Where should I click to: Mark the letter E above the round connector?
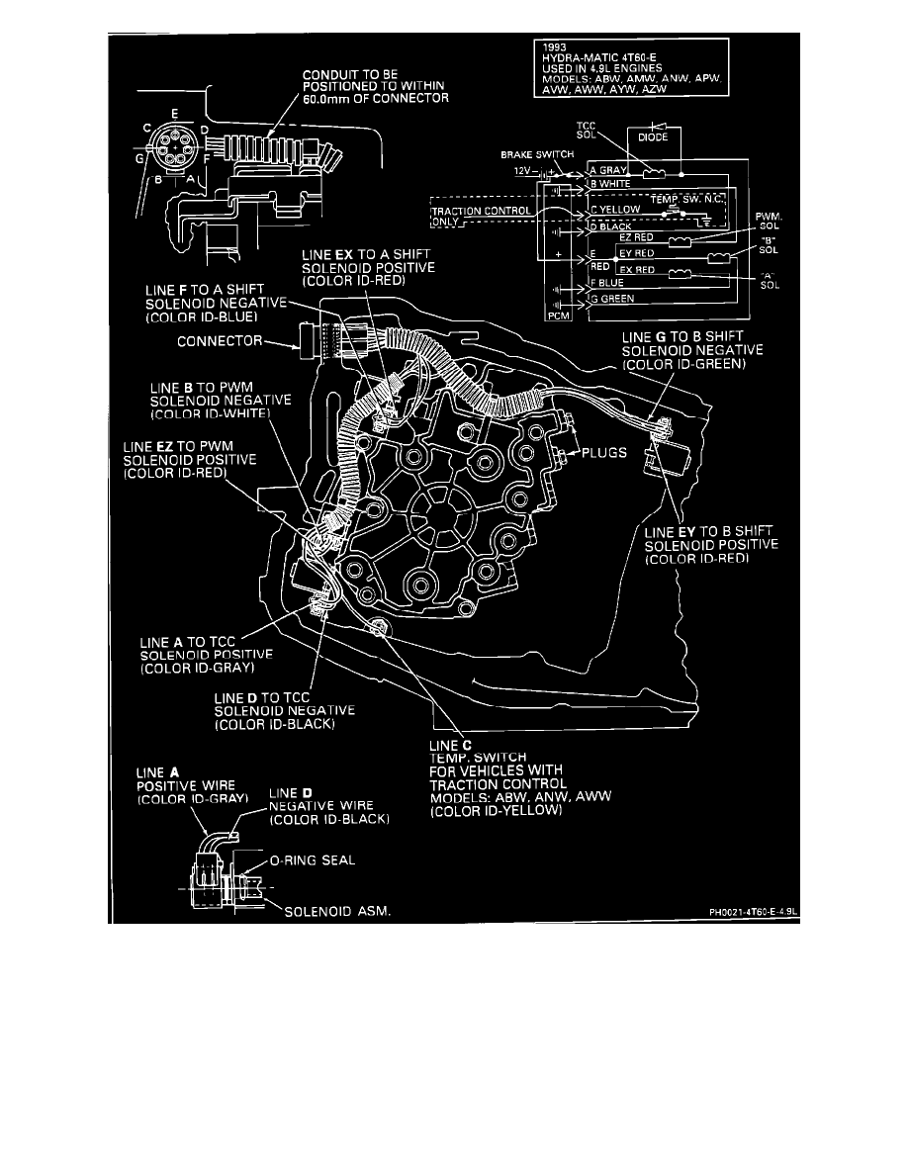173,114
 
